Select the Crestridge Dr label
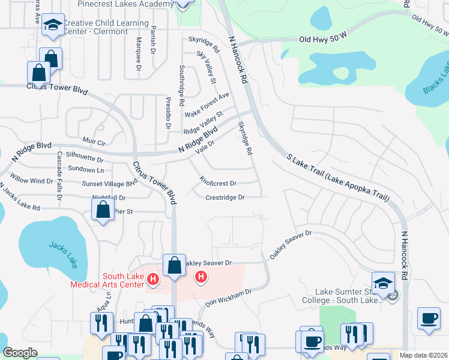[x=225, y=197]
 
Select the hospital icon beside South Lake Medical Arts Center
[x=153, y=279]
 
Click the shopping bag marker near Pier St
[x=103, y=211]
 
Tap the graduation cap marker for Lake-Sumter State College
[x=382, y=282]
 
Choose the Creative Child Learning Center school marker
[x=53, y=26]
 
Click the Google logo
[x=20, y=353]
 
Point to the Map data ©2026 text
[x=424, y=355]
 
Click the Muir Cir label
[x=94, y=143]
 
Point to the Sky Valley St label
[x=206, y=67]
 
